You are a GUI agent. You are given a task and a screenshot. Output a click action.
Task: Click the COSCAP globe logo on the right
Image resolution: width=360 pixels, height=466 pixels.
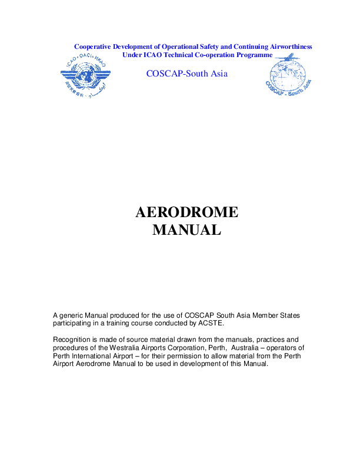tap(289, 76)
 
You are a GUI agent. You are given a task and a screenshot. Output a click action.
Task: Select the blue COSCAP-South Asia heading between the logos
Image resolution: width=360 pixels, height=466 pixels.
tap(186, 74)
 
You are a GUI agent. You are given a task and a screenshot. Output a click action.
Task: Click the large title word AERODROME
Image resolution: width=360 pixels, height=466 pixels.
tap(186, 212)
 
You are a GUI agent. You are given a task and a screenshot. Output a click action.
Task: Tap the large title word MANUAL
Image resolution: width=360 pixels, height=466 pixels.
tap(186, 230)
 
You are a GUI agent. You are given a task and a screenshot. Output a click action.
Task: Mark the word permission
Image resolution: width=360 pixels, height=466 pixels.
tap(195, 355)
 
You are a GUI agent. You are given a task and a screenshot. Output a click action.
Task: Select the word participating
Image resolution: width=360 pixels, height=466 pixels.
tap(74, 324)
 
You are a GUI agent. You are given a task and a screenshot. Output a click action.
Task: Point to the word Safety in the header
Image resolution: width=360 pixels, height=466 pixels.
tap(206, 46)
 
